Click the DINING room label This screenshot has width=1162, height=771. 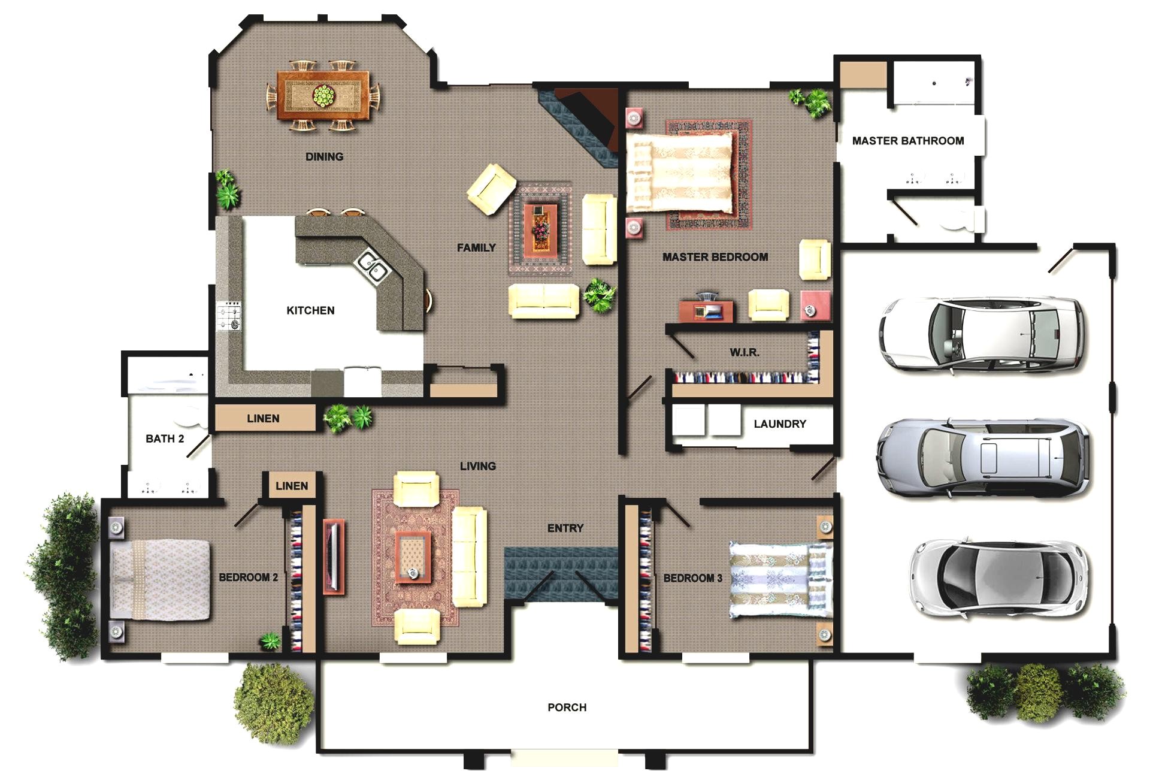click(x=324, y=157)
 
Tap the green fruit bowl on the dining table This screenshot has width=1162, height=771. click(x=324, y=95)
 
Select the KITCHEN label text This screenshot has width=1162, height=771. click(x=310, y=310)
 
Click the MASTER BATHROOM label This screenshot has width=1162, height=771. click(x=907, y=141)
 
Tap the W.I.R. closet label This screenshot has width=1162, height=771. click(x=744, y=352)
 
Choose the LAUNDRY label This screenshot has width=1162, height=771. click(x=779, y=424)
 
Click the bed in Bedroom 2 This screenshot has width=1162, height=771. click(x=161, y=580)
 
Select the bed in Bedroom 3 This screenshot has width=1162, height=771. click(x=780, y=580)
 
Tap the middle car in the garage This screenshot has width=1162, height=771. click(x=982, y=458)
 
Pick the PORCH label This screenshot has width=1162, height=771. click(x=567, y=707)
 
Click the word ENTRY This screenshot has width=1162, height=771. click(x=565, y=528)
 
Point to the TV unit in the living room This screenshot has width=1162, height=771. click(x=334, y=557)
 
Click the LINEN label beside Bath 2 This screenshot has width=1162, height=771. click(x=263, y=419)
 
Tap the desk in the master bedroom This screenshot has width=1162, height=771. click(x=706, y=310)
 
